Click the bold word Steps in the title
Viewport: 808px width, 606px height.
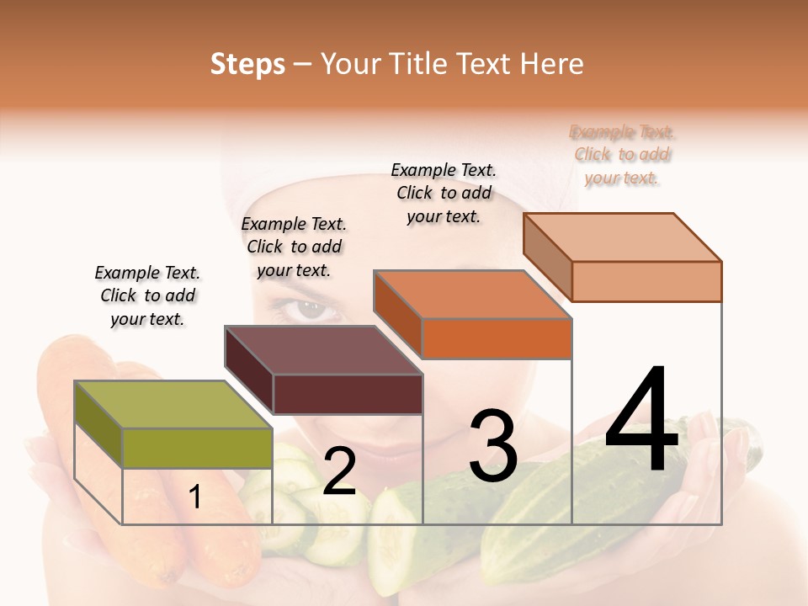[x=247, y=64]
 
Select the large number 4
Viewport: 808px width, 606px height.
[x=641, y=418]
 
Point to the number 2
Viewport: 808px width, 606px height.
[x=339, y=472]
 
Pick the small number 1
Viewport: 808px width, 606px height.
[x=195, y=497]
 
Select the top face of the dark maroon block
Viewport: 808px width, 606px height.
[x=323, y=350]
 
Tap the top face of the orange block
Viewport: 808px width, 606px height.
[x=473, y=295]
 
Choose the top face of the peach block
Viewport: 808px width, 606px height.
[x=623, y=237]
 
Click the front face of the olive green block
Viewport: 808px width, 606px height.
[x=197, y=448]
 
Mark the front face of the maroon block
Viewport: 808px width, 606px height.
[x=347, y=394]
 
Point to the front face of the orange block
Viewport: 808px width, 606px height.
[x=497, y=338]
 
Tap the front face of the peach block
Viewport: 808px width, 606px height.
[x=646, y=281]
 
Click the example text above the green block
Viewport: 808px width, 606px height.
[x=147, y=296]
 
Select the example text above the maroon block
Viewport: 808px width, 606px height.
[x=294, y=247]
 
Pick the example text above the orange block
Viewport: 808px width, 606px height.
[x=444, y=193]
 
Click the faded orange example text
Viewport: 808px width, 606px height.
[x=622, y=155]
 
